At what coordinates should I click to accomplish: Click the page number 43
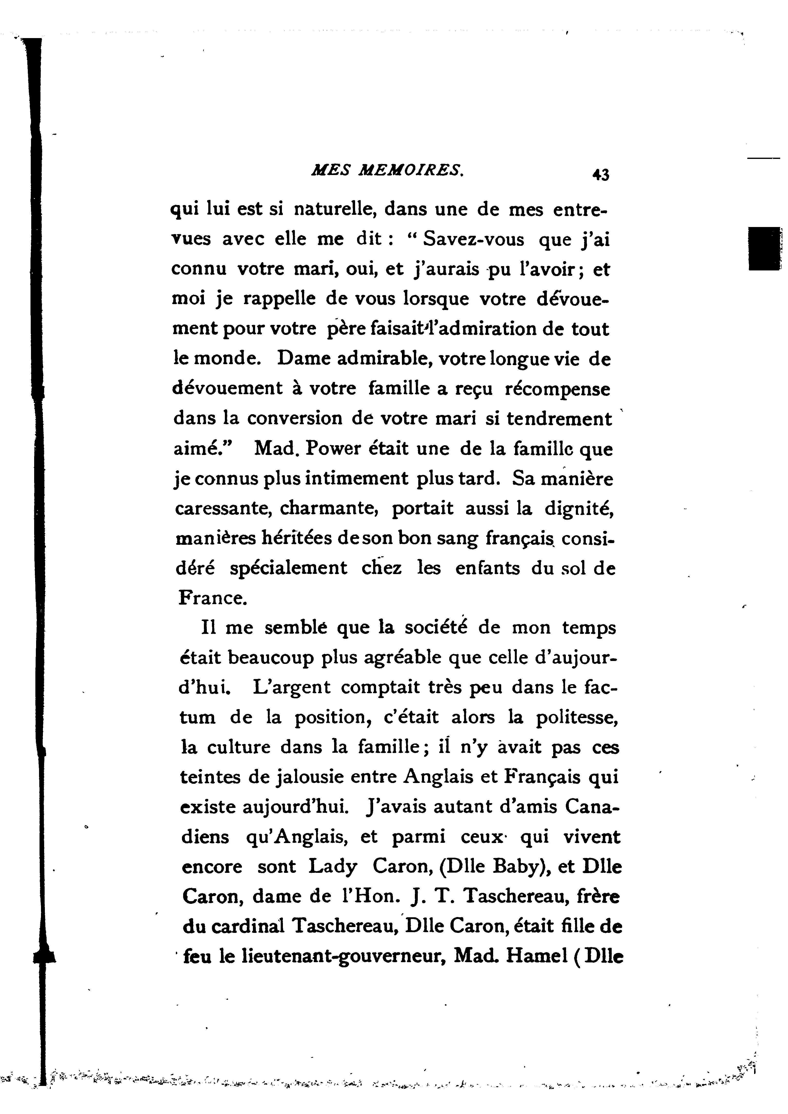601,175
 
